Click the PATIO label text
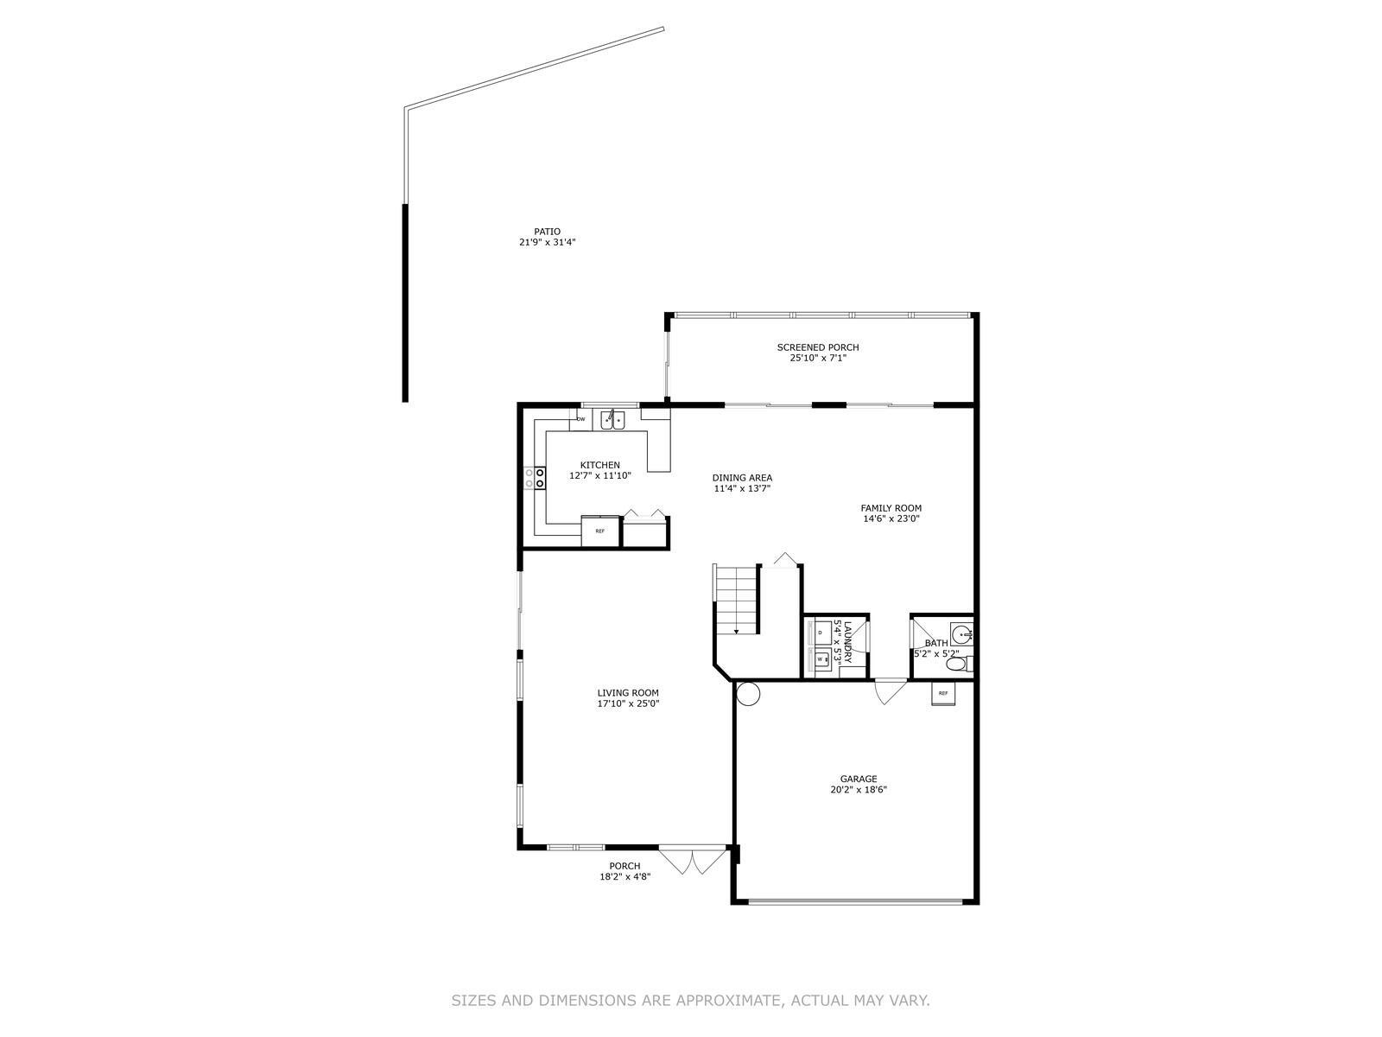pos(547,232)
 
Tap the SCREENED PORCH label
pos(816,347)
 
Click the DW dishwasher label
pos(580,419)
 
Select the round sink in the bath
pos(960,633)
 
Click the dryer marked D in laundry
pos(819,632)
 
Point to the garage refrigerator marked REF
pos(941,692)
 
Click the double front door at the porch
pos(691,861)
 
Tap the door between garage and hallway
pos(890,690)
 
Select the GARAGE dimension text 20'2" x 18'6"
pos(858,790)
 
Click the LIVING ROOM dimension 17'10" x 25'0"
pos(627,703)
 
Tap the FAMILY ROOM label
pos(891,508)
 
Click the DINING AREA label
pos(742,478)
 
